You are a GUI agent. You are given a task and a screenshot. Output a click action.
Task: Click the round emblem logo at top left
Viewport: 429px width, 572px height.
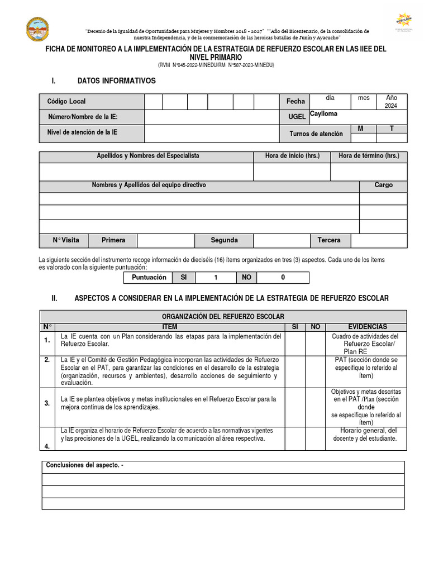click(x=37, y=28)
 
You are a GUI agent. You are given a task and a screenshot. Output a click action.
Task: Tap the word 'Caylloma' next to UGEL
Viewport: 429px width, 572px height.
click(x=323, y=113)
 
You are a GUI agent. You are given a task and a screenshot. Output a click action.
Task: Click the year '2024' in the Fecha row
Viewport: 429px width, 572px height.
click(x=392, y=106)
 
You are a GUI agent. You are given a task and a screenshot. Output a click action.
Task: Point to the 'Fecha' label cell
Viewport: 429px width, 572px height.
click(x=295, y=102)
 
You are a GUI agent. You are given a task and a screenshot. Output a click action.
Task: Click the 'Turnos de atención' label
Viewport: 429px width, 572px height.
click(x=316, y=134)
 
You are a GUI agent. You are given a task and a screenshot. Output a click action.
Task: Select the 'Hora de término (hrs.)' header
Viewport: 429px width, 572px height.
click(x=369, y=156)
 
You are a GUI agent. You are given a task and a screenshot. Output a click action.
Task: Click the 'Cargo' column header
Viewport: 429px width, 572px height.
click(x=383, y=185)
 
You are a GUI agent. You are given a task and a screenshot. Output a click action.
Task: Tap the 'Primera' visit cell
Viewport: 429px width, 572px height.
click(x=113, y=240)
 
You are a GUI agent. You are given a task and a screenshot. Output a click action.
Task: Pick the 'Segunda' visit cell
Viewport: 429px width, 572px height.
click(x=224, y=240)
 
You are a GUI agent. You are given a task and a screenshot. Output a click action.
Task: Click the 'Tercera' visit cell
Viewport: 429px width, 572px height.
click(x=329, y=240)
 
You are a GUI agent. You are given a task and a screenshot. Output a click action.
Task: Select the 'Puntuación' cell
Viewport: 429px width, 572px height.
click(x=149, y=278)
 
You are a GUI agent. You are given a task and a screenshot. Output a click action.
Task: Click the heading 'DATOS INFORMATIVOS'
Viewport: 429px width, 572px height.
click(x=117, y=81)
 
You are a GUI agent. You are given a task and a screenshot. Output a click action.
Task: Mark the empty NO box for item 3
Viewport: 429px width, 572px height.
click(x=315, y=407)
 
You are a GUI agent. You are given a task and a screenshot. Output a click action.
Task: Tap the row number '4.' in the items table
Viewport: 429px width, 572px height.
click(x=47, y=446)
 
